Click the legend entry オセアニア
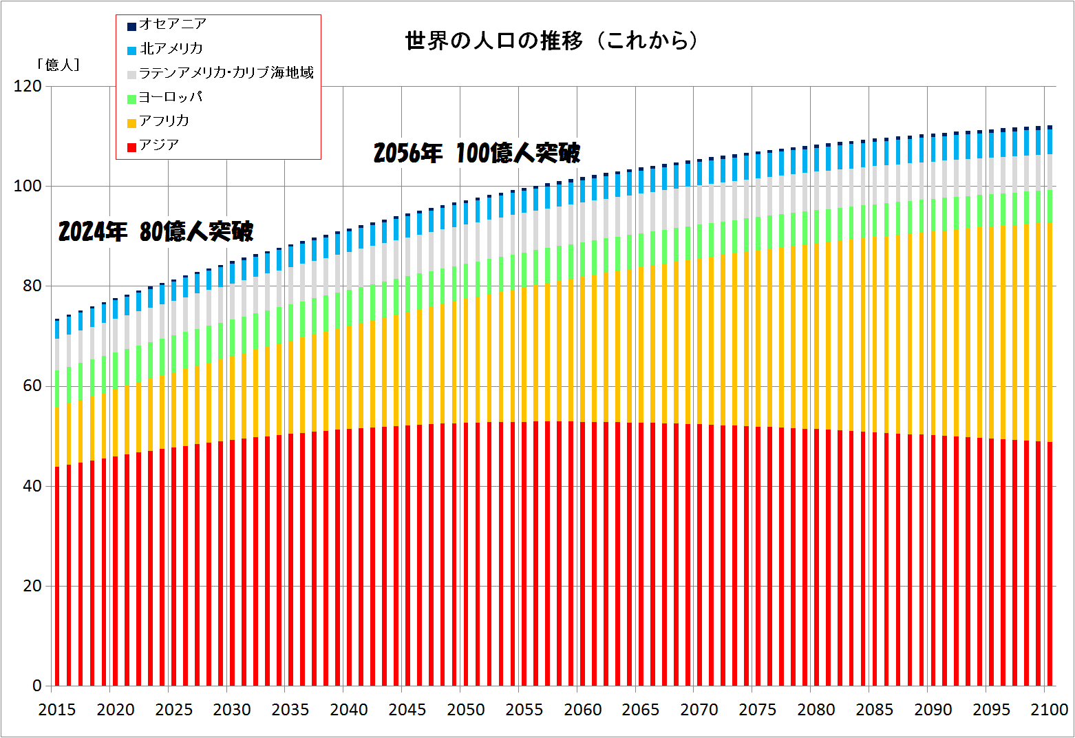click(172, 24)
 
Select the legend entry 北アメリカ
click(171, 48)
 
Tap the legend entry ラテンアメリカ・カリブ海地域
click(226, 72)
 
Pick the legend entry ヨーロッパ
click(170, 97)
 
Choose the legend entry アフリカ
click(164, 121)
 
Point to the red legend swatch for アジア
click(131, 146)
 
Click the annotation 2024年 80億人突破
click(156, 231)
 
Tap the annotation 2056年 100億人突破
click(477, 153)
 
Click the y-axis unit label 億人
click(58, 65)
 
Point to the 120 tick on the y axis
click(28, 87)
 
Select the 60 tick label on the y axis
click(32, 386)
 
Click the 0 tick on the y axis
click(37, 686)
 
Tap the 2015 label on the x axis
click(57, 710)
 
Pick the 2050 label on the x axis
click(466, 710)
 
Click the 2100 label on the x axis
click(1050, 710)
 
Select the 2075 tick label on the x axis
click(758, 710)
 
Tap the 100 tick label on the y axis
click(28, 187)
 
